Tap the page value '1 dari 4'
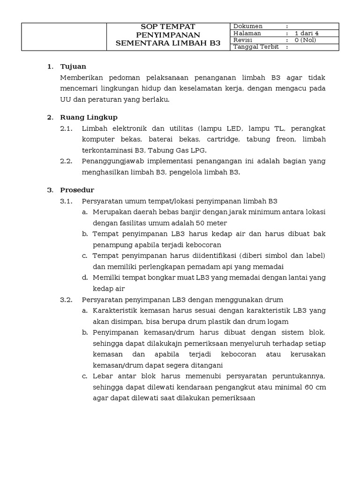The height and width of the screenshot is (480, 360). pos(307,33)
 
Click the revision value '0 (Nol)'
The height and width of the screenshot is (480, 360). pos(305,40)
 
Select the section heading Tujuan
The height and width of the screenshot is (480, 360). pos(73,67)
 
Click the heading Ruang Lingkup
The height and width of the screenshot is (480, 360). pos(89,117)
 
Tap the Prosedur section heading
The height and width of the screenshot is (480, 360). pos(77,190)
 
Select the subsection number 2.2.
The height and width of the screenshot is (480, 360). pos(66,161)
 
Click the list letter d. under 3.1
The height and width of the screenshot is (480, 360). pos(85,277)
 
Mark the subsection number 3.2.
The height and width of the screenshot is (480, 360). pos(66,300)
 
